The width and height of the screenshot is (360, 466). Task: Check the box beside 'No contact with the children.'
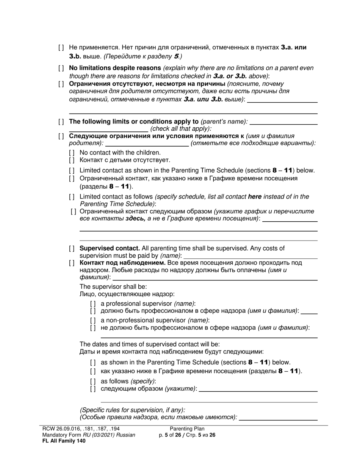72,153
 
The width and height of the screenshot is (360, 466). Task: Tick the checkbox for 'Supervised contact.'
72,249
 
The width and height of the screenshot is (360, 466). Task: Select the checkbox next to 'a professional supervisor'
93,303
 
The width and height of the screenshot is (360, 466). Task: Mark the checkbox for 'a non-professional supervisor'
93,321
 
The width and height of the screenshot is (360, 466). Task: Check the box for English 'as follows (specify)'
93,381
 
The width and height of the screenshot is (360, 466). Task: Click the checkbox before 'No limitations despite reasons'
61,68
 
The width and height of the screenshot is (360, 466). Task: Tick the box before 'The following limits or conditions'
61,122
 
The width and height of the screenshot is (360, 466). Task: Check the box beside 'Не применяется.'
61,48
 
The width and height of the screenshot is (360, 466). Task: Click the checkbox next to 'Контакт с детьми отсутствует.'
72,160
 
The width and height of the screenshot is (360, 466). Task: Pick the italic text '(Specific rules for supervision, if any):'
132,410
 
